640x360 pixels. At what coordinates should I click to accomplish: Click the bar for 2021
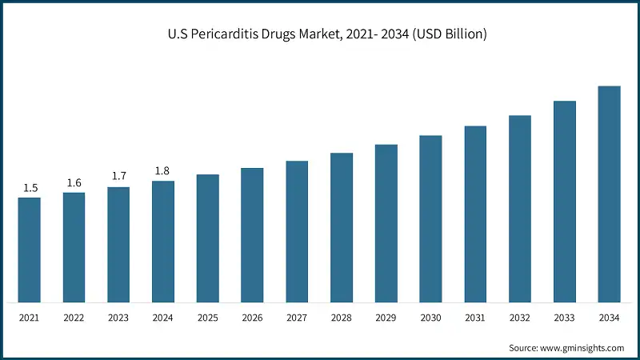pyautogui.click(x=30, y=250)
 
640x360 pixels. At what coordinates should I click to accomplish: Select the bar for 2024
pyautogui.click(x=163, y=242)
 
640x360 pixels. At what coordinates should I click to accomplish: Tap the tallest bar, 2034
pyautogui.click(x=609, y=194)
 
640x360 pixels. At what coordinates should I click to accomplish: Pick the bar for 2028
pyautogui.click(x=342, y=227)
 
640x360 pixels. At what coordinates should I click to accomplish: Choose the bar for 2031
pyautogui.click(x=475, y=214)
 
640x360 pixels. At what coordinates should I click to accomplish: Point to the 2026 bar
pyautogui.click(x=252, y=235)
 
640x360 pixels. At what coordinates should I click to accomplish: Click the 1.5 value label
pyautogui.click(x=30, y=188)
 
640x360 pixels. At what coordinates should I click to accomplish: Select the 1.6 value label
pyautogui.click(x=74, y=183)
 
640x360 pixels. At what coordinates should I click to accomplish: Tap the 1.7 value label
pyautogui.click(x=119, y=177)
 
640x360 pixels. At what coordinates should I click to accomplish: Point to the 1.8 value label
pyautogui.click(x=163, y=171)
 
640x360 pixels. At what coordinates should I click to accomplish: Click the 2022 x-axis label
pyautogui.click(x=74, y=318)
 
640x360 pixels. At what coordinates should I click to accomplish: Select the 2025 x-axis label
pyautogui.click(x=207, y=318)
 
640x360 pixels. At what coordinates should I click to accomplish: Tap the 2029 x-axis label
pyautogui.click(x=386, y=318)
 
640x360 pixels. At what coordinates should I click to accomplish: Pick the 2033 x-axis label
pyautogui.click(x=564, y=318)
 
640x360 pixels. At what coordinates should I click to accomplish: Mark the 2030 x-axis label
pyautogui.click(x=430, y=318)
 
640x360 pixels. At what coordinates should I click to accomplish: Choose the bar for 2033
pyautogui.click(x=564, y=202)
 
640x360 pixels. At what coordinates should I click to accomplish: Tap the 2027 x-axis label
pyautogui.click(x=297, y=318)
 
